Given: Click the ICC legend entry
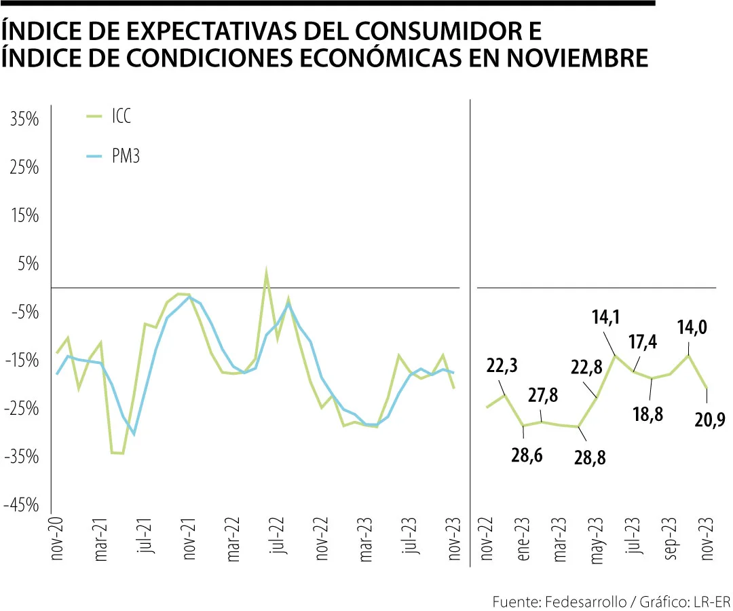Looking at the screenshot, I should click(x=120, y=117).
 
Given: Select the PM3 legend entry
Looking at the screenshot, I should click(x=125, y=157).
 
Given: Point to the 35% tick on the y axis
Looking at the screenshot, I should click(x=25, y=120).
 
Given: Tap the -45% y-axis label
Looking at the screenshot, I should click(x=23, y=506).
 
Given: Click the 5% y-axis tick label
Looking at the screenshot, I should click(x=28, y=265).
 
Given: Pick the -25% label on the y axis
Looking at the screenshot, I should click(x=23, y=409).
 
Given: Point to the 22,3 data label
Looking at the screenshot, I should click(x=503, y=366).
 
